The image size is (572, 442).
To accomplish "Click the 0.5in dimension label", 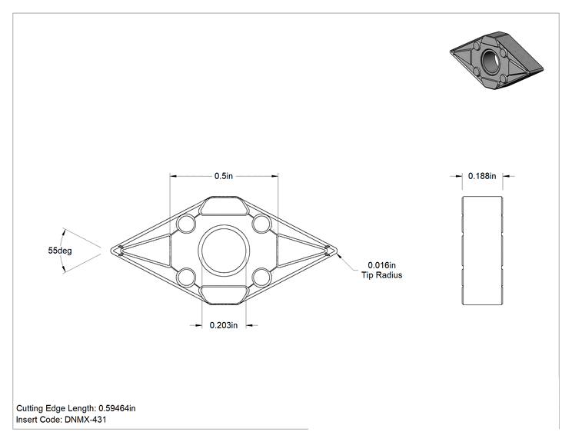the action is [223, 176].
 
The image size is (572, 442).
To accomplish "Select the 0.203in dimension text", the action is [223, 325].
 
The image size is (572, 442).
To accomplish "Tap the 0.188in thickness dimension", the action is [482, 176].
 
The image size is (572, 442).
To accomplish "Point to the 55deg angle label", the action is [60, 251].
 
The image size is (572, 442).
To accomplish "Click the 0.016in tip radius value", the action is [381, 265].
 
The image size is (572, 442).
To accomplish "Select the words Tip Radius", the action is [381, 275].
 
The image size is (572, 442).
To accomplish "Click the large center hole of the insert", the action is [224, 251].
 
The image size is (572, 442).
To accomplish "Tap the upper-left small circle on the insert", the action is [186, 224].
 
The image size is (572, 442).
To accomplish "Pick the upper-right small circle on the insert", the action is [261, 224].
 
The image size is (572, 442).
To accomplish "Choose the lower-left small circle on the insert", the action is [186, 277].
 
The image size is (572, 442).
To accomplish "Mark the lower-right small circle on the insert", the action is [261, 277].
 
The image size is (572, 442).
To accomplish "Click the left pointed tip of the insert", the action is [111, 251].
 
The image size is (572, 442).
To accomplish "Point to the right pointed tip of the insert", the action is [337, 251].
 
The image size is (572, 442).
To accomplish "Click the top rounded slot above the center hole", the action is [224, 206].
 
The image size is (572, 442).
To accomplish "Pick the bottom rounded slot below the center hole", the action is [224, 295].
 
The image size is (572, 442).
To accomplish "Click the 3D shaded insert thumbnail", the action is [497, 60].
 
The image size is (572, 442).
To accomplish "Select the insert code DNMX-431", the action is [85, 420].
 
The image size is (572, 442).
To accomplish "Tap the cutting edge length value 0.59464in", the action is [117, 408].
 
